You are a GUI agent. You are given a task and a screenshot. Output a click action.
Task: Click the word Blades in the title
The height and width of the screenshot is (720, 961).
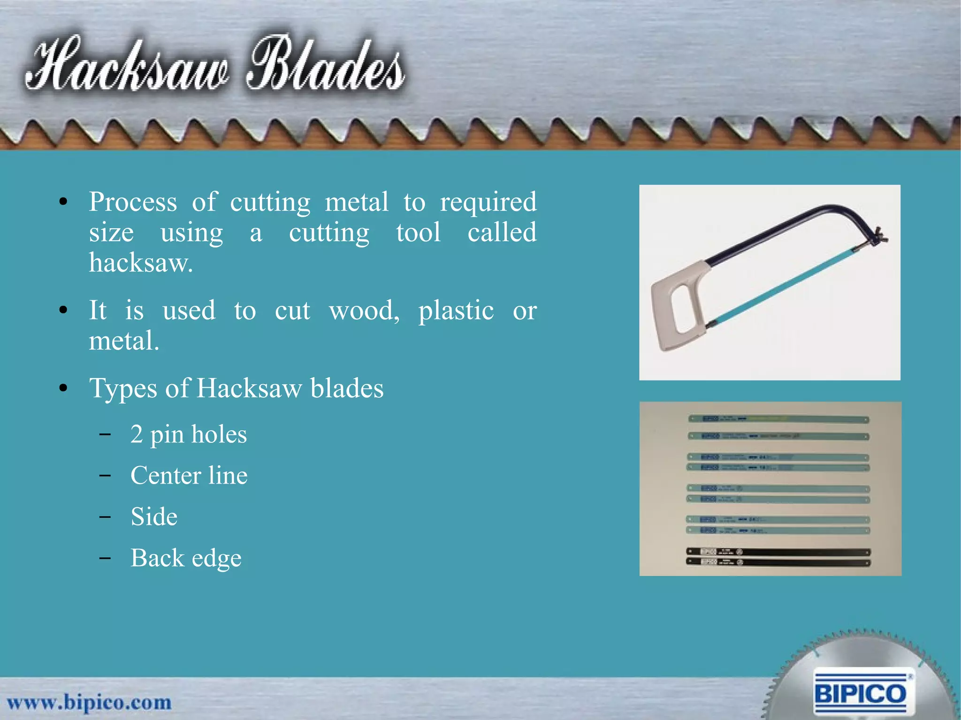click(326, 66)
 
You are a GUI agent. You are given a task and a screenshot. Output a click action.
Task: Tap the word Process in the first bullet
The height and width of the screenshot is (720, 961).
click(133, 203)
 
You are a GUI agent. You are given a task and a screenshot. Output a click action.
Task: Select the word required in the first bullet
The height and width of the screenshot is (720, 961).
click(488, 203)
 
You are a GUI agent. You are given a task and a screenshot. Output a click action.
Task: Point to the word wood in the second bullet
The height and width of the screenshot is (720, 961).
click(364, 311)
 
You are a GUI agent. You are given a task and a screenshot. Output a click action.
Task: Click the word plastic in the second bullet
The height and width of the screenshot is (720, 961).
click(456, 311)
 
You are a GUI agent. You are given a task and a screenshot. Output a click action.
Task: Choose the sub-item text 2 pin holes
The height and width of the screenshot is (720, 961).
click(189, 435)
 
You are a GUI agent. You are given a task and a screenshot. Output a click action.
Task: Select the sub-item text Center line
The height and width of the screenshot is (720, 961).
click(189, 476)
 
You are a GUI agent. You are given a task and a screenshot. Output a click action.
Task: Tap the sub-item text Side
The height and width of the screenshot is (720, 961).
click(154, 517)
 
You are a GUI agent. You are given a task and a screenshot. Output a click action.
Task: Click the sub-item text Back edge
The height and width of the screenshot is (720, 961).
click(186, 558)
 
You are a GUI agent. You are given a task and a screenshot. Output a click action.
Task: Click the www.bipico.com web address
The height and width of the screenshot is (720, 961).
click(89, 703)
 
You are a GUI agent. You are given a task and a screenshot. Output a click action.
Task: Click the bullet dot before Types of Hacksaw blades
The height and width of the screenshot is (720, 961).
click(63, 388)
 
